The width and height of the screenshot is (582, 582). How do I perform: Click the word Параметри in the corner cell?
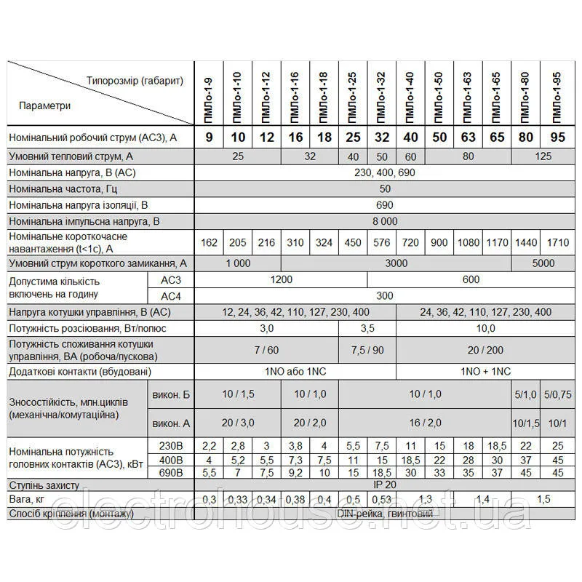point(45,105)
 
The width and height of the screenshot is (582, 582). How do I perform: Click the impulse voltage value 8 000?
point(385,221)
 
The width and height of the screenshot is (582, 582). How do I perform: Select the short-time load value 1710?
point(557,242)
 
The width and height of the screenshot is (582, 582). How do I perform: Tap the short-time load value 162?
point(209,242)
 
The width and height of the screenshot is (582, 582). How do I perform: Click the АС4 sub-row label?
point(170,296)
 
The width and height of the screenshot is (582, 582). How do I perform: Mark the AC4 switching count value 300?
point(385,296)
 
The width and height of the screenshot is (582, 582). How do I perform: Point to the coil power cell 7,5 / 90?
point(367,350)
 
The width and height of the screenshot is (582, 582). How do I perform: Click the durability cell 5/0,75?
point(559,394)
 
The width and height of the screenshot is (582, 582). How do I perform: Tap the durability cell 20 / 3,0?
point(238,423)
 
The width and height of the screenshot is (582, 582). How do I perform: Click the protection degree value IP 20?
point(385,484)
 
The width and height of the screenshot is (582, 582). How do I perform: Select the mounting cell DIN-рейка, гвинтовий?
point(385,514)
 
